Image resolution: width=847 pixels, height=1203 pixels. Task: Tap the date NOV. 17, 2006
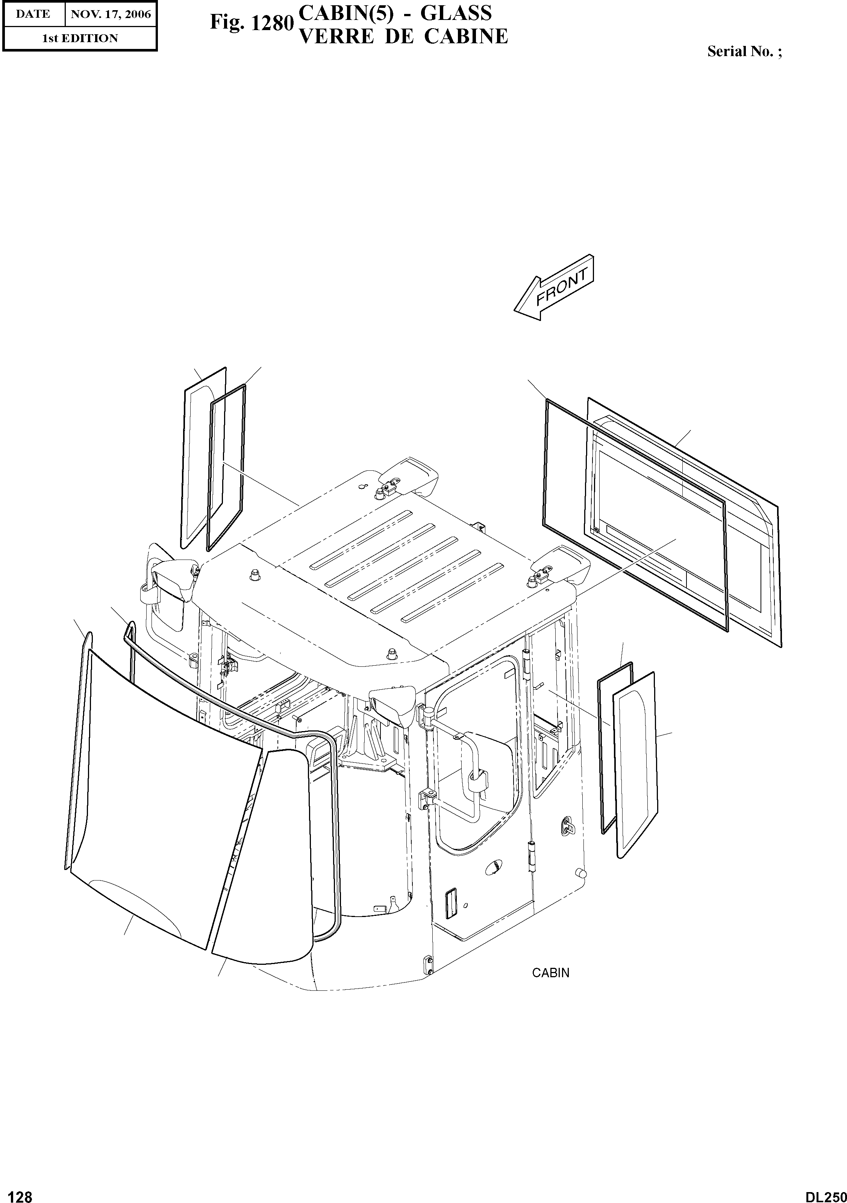point(111,14)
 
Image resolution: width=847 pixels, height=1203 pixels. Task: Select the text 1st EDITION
point(80,38)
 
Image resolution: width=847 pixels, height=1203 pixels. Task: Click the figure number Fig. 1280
point(250,23)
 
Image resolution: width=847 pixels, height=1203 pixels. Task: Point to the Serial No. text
point(744,52)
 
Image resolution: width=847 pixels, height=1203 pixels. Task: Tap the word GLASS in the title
point(456,13)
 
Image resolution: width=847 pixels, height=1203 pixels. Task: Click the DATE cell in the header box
point(32,14)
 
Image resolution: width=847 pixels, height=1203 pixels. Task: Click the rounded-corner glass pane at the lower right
point(635,765)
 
